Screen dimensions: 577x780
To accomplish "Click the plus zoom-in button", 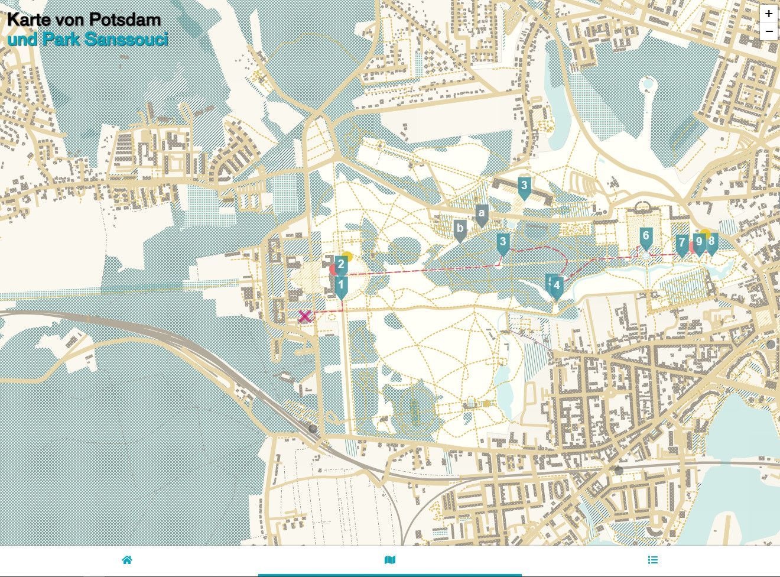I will coord(768,14).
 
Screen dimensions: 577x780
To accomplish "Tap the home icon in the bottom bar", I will coord(127,560).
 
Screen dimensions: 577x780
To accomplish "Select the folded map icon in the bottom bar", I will coord(389,560).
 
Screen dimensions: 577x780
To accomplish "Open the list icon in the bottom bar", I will coord(652,560).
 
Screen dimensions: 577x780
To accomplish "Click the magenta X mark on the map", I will coord(304,316).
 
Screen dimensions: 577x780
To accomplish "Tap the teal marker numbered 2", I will coord(341,265).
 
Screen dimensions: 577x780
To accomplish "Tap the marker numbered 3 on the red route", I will coord(503,242).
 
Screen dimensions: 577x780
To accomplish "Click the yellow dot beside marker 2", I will coord(348,257).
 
